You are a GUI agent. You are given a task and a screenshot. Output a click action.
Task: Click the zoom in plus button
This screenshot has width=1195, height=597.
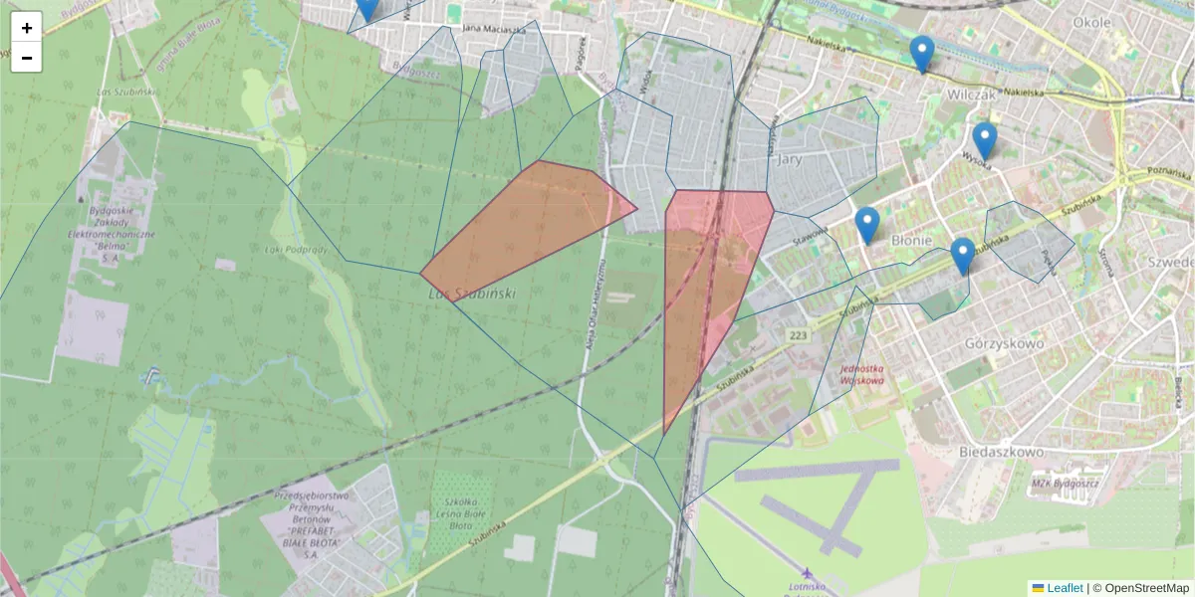(x=27, y=28)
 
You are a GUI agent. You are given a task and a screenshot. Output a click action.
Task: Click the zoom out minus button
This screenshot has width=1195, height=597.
(x=27, y=58)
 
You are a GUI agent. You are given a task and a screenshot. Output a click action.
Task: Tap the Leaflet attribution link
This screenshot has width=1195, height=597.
(x=1064, y=588)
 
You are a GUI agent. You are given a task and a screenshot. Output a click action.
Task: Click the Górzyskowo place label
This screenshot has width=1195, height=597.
(x=1004, y=343)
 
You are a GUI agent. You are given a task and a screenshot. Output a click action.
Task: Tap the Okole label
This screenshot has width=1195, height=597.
(x=1092, y=21)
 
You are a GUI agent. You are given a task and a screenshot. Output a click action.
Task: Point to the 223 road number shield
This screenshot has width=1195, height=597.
(x=798, y=336)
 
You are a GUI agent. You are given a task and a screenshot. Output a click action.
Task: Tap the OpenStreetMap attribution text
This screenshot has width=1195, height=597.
(x=1140, y=588)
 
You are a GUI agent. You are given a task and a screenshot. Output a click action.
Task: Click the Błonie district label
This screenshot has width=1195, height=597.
(x=911, y=240)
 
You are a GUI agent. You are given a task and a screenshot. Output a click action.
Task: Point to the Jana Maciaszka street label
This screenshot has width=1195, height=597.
(x=494, y=29)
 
